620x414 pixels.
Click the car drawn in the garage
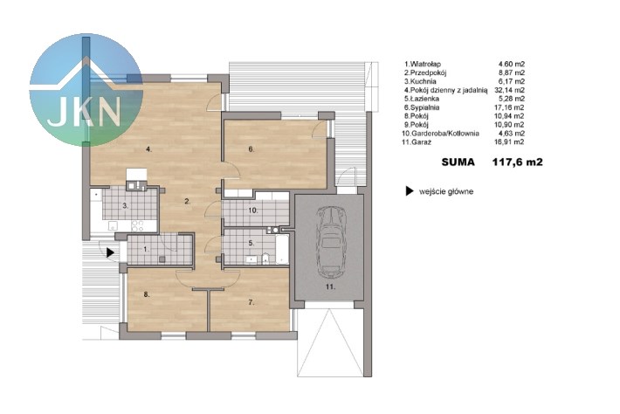tap(332, 242)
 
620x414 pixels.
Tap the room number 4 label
tap(148, 149)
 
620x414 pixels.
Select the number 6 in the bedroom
tap(251, 149)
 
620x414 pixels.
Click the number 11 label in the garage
tap(330, 286)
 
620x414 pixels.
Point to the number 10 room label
tap(253, 210)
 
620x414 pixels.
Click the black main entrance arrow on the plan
tap(110, 252)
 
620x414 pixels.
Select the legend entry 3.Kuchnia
tap(420, 81)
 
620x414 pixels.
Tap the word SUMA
tap(458, 162)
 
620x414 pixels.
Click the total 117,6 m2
tap(518, 162)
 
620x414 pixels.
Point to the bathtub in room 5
tap(282, 249)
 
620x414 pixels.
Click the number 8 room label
tap(147, 294)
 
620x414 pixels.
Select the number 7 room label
tap(251, 302)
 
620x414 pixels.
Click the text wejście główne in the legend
tap(446, 192)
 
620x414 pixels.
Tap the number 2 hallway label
tap(188, 201)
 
